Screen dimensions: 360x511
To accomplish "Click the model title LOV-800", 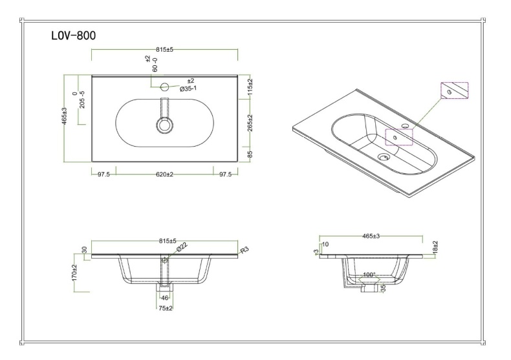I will (x=73, y=36).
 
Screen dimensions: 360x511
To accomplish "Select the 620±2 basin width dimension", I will (x=164, y=175).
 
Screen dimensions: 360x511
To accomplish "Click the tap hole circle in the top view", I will (x=164, y=86).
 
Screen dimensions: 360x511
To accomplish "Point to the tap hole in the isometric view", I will (x=406, y=125).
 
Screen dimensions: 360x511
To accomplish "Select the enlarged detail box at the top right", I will (x=453, y=92).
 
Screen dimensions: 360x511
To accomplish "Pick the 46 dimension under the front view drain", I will (x=164, y=298).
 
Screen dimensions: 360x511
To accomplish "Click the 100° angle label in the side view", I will (x=369, y=275).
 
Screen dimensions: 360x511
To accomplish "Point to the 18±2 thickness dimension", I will (x=435, y=248).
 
